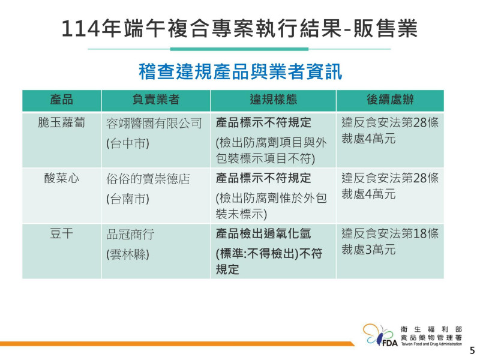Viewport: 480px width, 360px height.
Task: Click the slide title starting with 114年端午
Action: [239, 28]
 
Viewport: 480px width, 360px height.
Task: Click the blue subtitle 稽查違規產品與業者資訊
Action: [241, 71]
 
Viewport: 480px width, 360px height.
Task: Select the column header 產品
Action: [62, 100]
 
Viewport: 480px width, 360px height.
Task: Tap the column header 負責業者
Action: [156, 100]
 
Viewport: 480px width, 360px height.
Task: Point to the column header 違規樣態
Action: [274, 100]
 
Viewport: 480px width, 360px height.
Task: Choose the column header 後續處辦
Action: [391, 100]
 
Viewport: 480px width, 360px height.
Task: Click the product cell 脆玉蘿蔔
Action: [62, 123]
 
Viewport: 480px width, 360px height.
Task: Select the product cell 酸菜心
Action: [62, 178]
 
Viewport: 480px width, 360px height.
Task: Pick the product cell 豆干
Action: [62, 234]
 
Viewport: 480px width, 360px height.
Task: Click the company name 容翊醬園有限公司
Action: [154, 124]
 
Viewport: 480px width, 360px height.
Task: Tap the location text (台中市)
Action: [128, 143]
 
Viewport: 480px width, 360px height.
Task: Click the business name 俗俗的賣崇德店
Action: [148, 179]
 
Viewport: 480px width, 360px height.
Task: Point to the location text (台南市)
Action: [128, 199]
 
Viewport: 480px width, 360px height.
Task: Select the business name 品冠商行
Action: [130, 235]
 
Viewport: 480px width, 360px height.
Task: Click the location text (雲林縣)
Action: [128, 254]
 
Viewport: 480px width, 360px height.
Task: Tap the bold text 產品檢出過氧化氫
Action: [263, 233]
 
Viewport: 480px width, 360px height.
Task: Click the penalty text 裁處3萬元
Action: [368, 250]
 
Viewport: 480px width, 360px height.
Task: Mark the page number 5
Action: [472, 350]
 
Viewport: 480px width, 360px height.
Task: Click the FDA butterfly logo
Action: [380, 335]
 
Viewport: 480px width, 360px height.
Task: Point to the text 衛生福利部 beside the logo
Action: [431, 329]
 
